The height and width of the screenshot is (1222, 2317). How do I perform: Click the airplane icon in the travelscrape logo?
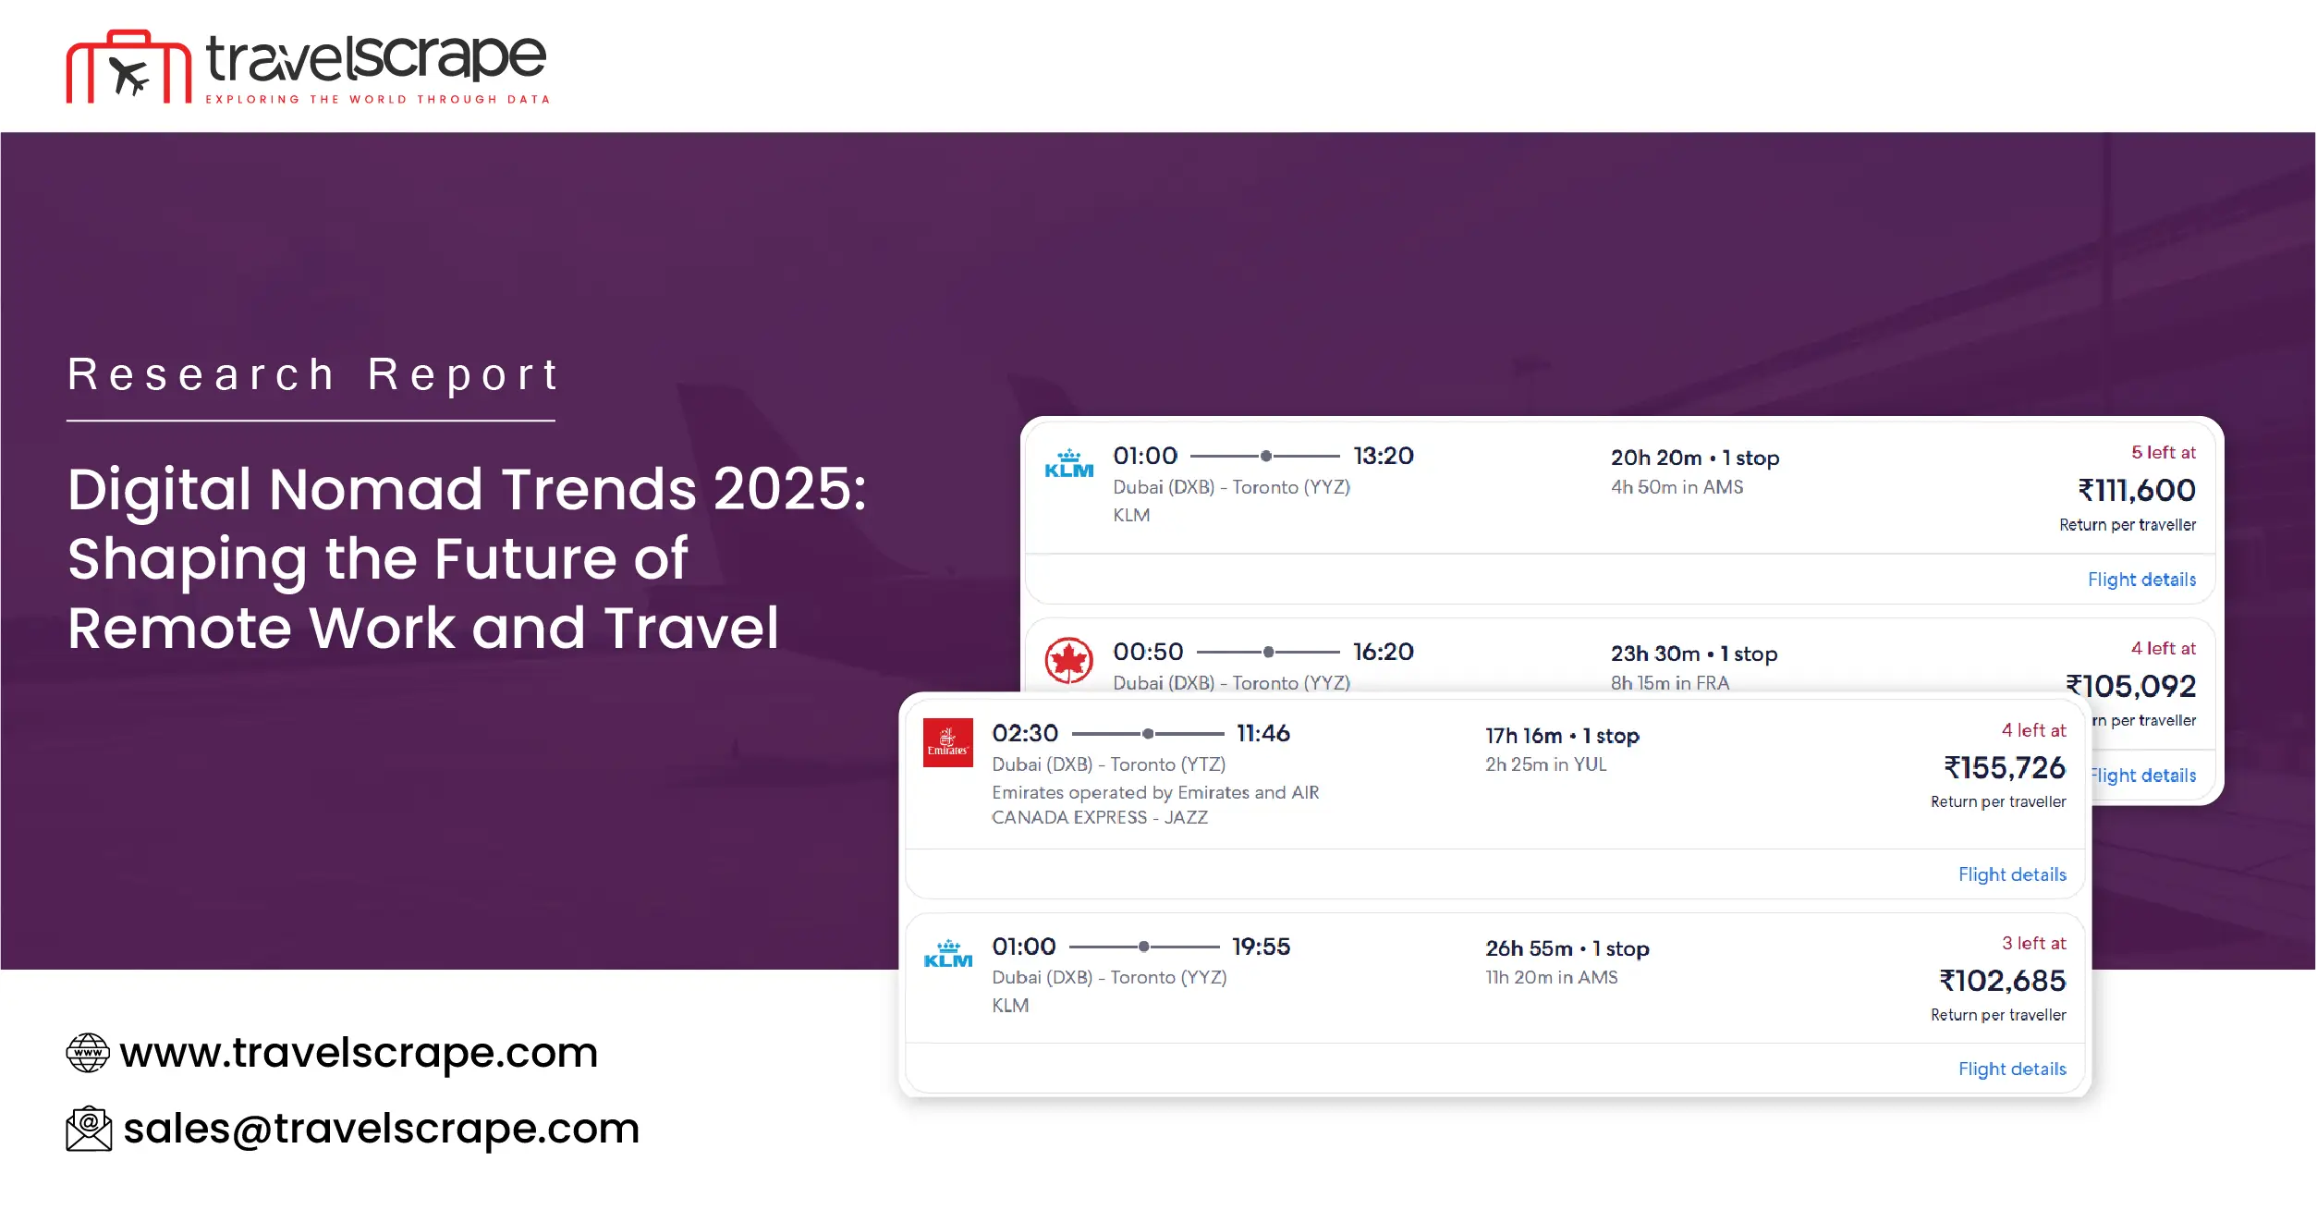tap(129, 74)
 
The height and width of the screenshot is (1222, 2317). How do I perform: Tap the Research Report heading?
tap(312, 374)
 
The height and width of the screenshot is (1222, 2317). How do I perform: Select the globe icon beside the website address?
tap(88, 1053)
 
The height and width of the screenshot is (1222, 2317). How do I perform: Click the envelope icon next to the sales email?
tap(89, 1129)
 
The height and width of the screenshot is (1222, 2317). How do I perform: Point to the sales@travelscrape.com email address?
tap(381, 1129)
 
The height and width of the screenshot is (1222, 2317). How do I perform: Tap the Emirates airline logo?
tap(948, 742)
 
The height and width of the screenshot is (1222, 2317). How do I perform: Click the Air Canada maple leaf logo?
tap(1068, 660)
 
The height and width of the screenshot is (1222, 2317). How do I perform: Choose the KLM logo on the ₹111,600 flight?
tap(1068, 464)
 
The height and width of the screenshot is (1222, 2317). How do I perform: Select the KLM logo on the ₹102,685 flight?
tap(948, 954)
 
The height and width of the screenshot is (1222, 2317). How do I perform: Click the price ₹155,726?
tap(2004, 768)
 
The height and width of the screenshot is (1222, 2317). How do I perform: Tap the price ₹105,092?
tap(2130, 686)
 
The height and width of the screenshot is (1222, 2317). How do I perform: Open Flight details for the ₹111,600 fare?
tap(2141, 580)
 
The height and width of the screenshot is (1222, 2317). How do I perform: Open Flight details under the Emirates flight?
tap(2012, 874)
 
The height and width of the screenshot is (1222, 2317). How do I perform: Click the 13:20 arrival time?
tap(1383, 456)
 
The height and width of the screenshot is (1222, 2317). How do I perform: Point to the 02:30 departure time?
tap(1025, 733)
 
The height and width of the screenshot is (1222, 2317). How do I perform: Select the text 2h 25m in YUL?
tap(1545, 764)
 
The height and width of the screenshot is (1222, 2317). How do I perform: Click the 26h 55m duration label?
tap(1529, 948)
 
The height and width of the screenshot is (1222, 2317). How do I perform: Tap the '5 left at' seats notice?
tap(2163, 452)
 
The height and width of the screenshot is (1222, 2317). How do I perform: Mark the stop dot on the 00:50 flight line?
tap(1269, 652)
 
